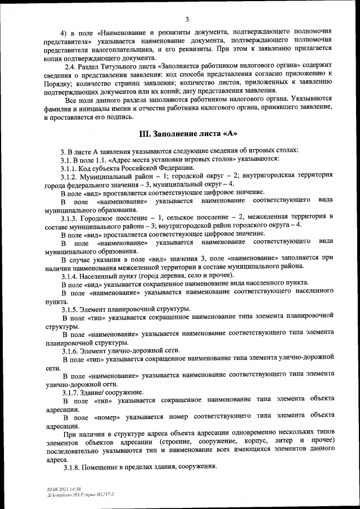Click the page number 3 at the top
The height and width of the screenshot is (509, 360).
[187, 19]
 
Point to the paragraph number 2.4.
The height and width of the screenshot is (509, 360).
[70, 67]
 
